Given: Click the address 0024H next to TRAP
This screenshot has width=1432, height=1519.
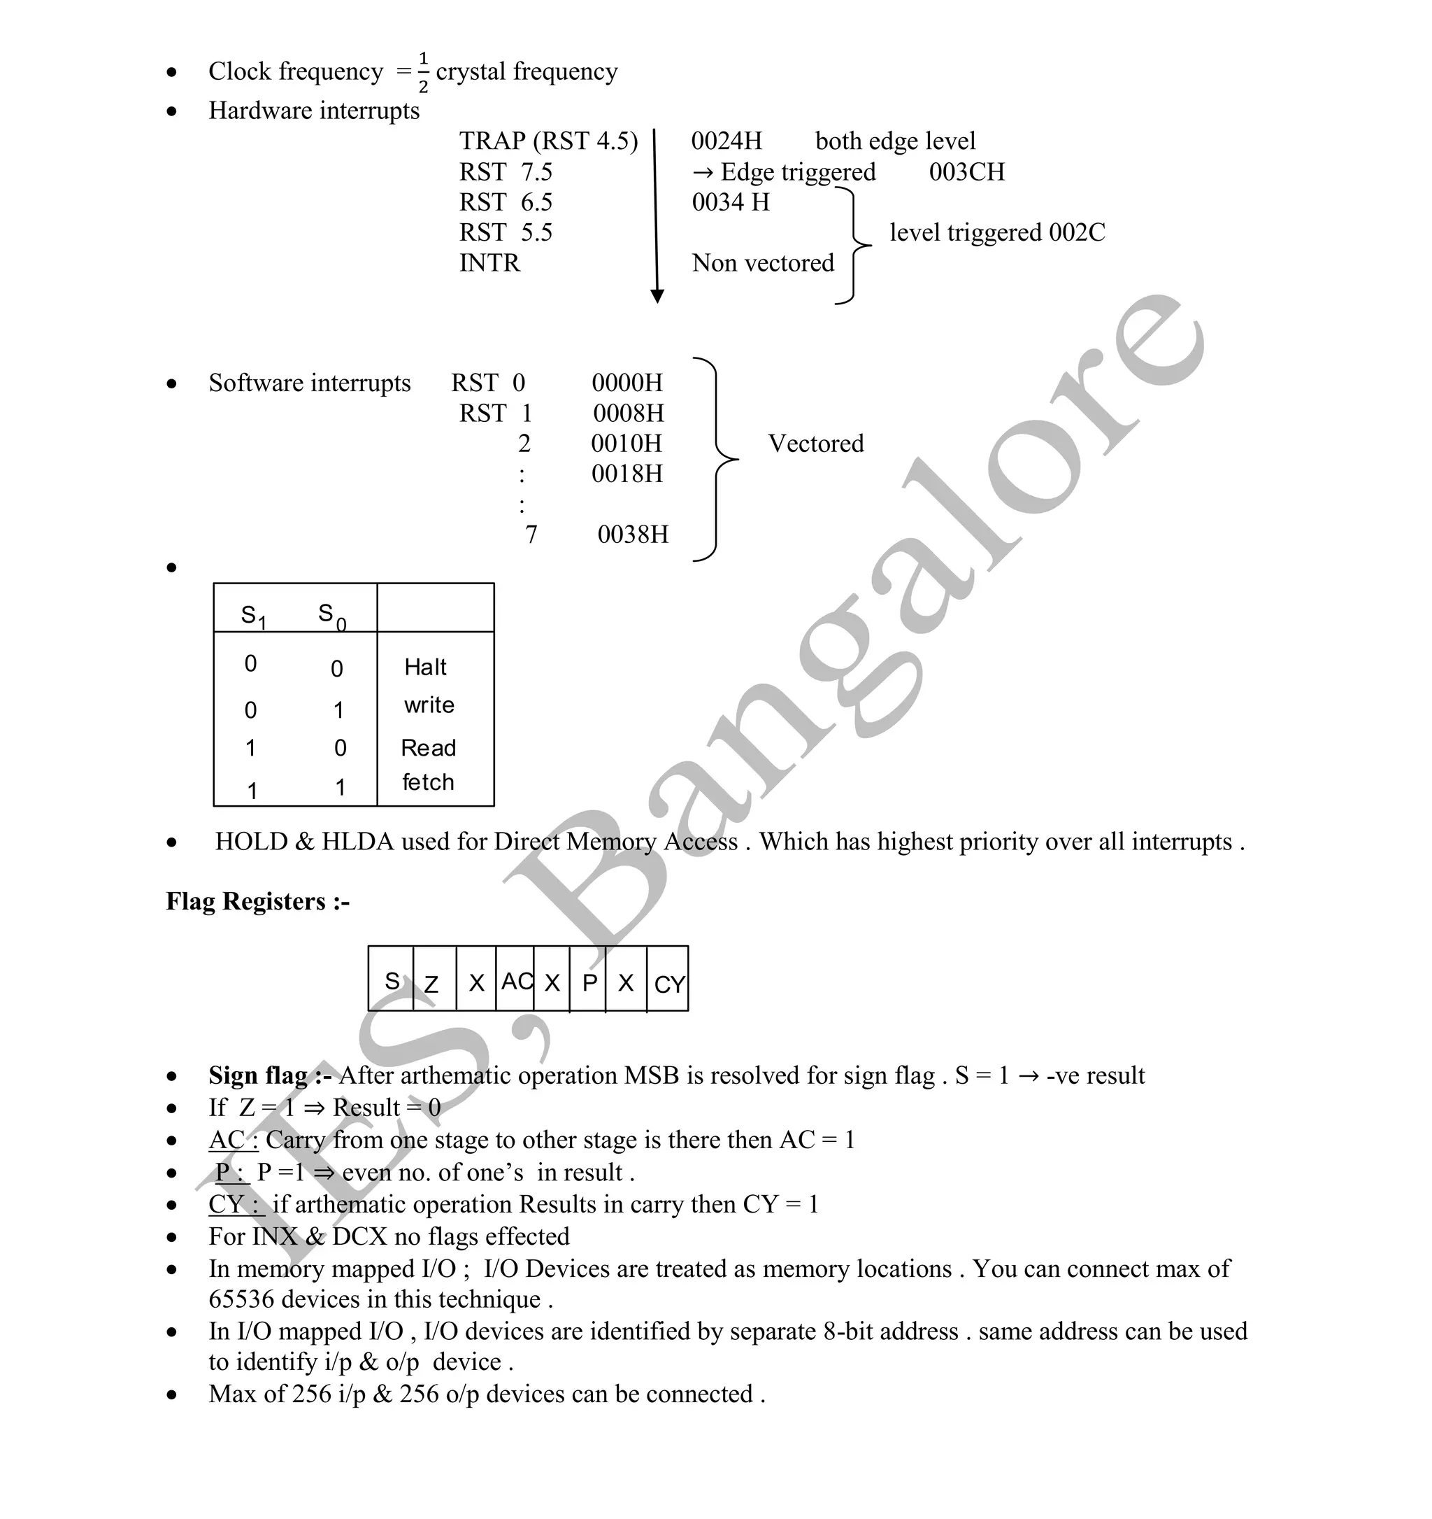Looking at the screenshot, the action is [x=726, y=141].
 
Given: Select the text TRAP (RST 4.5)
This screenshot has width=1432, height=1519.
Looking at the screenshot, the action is [x=547, y=141].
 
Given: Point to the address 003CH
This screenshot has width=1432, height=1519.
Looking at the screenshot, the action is [x=966, y=172].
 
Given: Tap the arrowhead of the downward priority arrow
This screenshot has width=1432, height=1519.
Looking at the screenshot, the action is [x=657, y=297].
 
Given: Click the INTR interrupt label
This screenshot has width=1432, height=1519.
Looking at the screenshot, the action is [x=489, y=263].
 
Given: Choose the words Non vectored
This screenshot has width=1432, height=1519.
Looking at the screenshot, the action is [x=762, y=263].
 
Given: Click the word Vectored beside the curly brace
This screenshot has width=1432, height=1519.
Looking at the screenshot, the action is [x=816, y=444].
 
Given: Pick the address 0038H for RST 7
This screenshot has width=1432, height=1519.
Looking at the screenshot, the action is [x=632, y=534].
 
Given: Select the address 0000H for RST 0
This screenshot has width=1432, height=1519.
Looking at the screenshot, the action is [x=627, y=383].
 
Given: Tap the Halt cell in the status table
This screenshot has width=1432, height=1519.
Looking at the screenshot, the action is [x=425, y=667].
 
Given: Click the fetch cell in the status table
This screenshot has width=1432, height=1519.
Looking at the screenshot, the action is [x=428, y=782].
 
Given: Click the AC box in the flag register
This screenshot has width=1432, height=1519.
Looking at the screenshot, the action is [x=516, y=981].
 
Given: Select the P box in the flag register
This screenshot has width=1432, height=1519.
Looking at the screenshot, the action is [x=589, y=982].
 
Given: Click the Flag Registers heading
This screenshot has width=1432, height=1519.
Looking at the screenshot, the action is [x=257, y=902].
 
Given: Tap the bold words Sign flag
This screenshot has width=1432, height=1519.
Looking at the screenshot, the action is [x=258, y=1076].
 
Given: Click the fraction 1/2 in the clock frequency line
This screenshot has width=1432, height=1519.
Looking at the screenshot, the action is [x=423, y=73].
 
